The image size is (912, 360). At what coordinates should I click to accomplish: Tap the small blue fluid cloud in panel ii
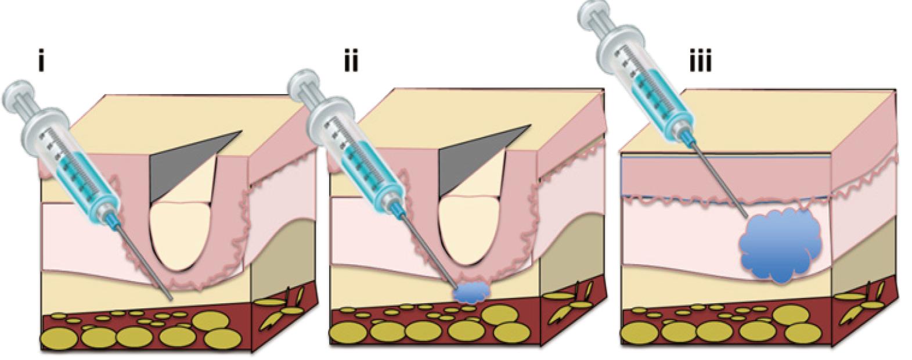click(x=471, y=293)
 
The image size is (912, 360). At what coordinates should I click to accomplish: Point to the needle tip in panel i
click(x=171, y=300)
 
